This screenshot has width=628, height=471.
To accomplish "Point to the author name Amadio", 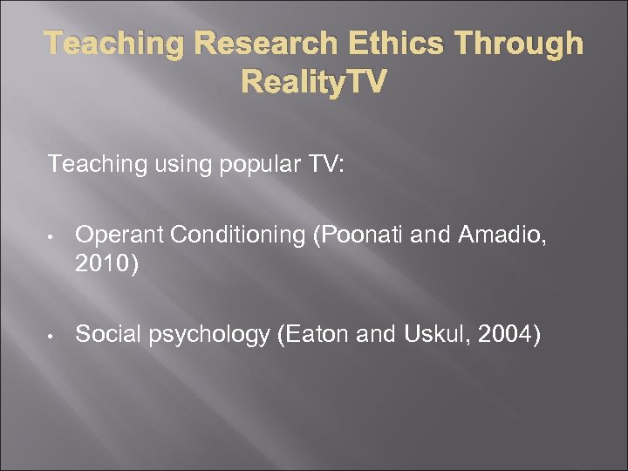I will (509, 234).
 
